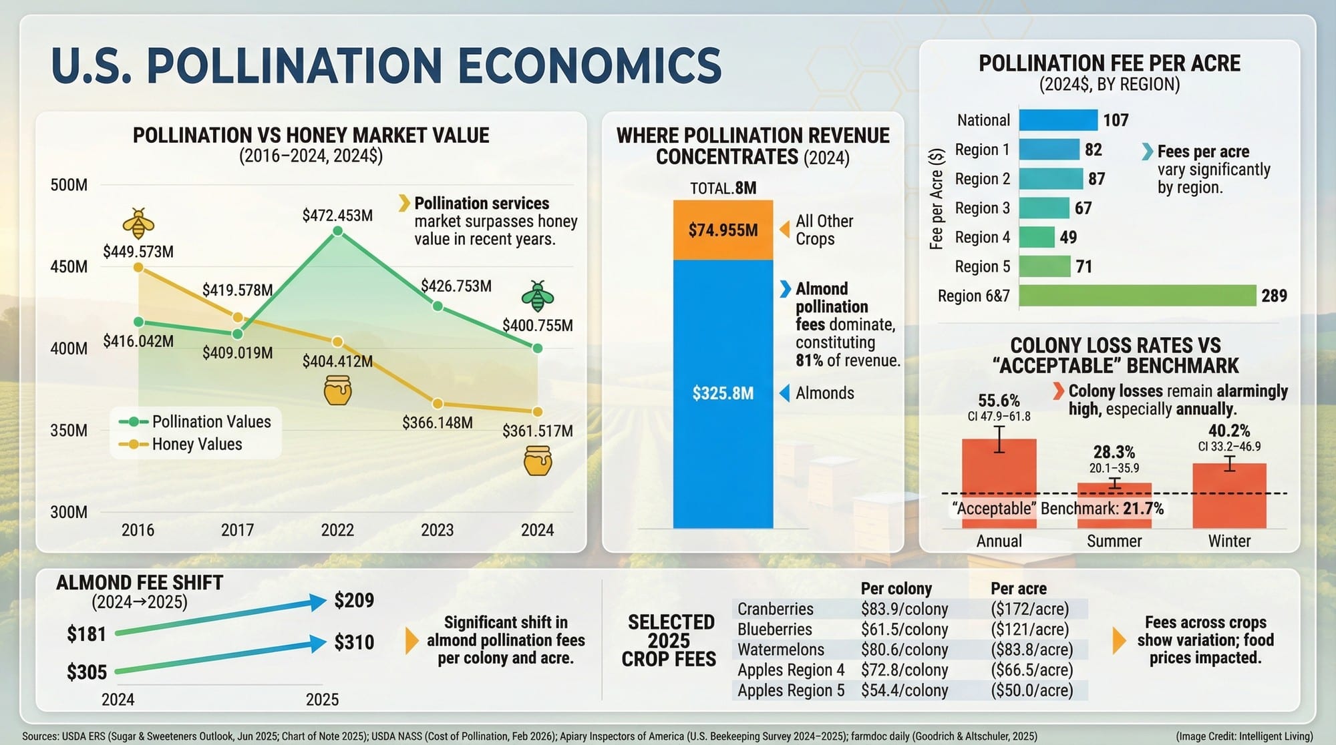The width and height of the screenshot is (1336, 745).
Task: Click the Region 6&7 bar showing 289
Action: (x=1137, y=296)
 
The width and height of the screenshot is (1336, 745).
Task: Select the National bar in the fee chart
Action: (x=1058, y=120)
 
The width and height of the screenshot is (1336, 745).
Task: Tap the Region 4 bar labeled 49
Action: (x=1037, y=237)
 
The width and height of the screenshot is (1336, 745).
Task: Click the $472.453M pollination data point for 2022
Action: (x=337, y=231)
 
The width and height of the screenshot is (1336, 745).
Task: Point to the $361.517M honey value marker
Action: (x=538, y=412)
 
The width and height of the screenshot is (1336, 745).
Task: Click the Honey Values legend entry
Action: (x=196, y=445)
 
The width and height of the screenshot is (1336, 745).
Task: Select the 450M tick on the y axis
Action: (x=69, y=267)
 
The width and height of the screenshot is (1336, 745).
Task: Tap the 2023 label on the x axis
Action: (x=437, y=530)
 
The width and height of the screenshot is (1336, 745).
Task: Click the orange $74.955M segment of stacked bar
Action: (x=723, y=230)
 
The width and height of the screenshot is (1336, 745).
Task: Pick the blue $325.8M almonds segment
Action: (x=723, y=393)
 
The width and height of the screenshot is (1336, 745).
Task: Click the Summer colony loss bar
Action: (x=1114, y=506)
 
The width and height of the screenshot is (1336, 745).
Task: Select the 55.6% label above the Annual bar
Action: (x=999, y=401)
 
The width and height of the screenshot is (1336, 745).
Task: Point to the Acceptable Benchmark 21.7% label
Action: (x=1057, y=509)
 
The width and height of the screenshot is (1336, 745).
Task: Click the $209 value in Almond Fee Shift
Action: (x=354, y=600)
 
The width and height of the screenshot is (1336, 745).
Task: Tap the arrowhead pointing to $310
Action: (x=319, y=644)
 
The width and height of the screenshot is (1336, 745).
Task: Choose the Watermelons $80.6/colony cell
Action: (x=904, y=650)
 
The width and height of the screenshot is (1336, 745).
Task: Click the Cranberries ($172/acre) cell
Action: (x=1029, y=609)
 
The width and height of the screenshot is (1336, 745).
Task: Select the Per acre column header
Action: (x=1018, y=589)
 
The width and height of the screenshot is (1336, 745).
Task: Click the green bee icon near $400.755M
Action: (x=537, y=297)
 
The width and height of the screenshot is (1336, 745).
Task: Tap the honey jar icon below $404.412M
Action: (x=337, y=390)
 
